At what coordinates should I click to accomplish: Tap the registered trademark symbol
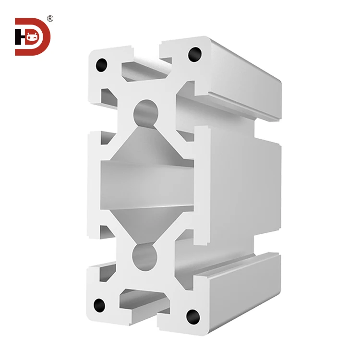point(50,19)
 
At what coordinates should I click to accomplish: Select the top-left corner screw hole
point(101,65)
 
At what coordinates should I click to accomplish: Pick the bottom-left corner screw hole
point(99,304)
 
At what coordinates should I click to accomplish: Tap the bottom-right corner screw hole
point(193,315)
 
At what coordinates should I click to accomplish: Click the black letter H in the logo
point(19,36)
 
